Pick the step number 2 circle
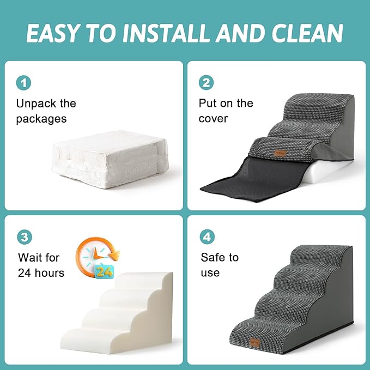(206, 83)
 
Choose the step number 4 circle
(206, 237)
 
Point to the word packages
(41, 118)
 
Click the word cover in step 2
(213, 118)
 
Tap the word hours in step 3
(46, 272)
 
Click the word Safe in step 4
(213, 257)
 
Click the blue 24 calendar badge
(105, 270)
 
